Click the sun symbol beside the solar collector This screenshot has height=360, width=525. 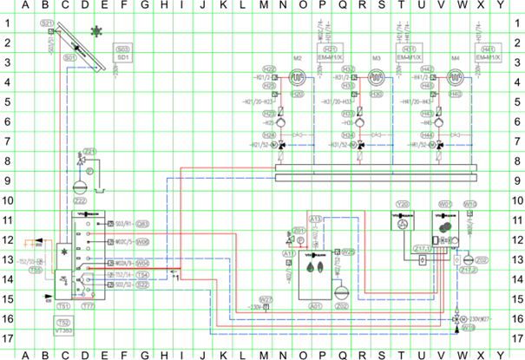point(97,32)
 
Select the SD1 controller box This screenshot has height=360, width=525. point(122,55)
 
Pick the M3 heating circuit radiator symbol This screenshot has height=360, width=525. point(376,77)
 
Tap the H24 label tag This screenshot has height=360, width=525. point(271,135)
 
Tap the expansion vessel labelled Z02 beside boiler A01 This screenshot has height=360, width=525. point(341,293)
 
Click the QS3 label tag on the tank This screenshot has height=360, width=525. point(142,223)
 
